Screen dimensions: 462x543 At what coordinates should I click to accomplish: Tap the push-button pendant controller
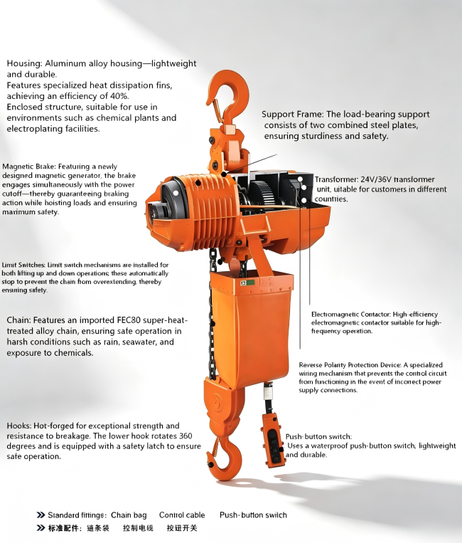click(274, 440)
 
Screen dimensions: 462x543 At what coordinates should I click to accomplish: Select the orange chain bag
click(250, 329)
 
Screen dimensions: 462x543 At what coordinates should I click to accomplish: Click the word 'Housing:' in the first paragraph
click(25, 64)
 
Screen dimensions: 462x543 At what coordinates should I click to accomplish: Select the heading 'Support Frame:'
click(293, 115)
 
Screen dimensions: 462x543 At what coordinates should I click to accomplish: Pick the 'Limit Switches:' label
click(23, 265)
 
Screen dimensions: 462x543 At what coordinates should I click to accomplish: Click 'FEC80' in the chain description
click(129, 320)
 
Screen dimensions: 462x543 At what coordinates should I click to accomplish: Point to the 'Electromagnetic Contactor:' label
click(350, 315)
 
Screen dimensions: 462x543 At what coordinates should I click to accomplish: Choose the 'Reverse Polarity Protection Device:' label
click(350, 365)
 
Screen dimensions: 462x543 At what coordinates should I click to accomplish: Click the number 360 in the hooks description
click(186, 436)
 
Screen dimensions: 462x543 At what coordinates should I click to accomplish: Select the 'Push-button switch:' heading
click(318, 437)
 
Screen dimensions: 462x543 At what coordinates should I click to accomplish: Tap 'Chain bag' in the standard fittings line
click(129, 515)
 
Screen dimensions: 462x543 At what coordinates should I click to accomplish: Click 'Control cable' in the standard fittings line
click(182, 515)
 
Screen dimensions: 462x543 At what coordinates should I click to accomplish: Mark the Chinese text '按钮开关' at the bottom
click(182, 528)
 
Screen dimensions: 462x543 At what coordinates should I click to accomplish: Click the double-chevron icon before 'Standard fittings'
click(41, 515)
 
